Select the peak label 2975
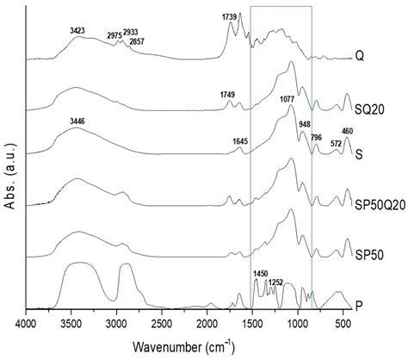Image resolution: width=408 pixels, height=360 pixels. (x=114, y=36)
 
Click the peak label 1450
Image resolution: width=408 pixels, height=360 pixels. (x=262, y=274)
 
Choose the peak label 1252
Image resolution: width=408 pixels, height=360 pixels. (x=276, y=282)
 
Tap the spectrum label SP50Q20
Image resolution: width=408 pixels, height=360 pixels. (x=376, y=207)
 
